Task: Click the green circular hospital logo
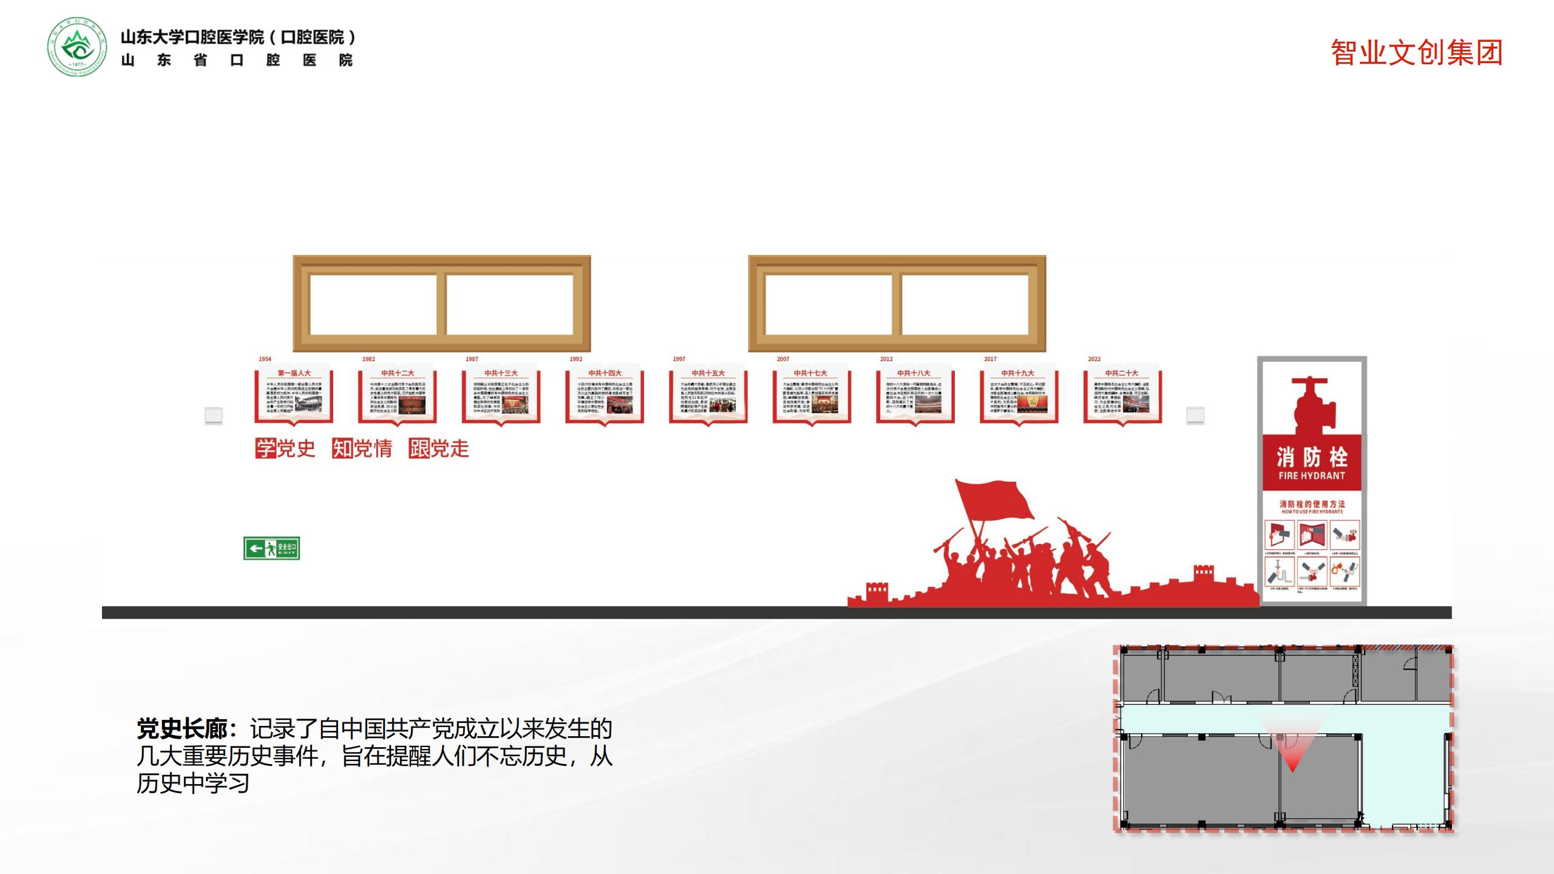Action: pyautogui.click(x=76, y=47)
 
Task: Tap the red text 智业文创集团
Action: pyautogui.click(x=1416, y=53)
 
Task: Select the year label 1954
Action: pyautogui.click(x=265, y=359)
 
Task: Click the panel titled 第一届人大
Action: pyautogui.click(x=294, y=395)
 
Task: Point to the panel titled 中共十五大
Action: pyautogui.click(x=708, y=395)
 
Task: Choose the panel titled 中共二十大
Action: pyautogui.click(x=1122, y=395)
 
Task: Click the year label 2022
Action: pyautogui.click(x=1094, y=359)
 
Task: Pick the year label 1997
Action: pyautogui.click(x=679, y=359)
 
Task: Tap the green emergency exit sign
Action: pyautogui.click(x=271, y=549)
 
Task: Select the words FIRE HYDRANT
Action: pyautogui.click(x=1312, y=476)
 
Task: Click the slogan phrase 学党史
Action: pyautogui.click(x=285, y=449)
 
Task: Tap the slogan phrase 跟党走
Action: pyautogui.click(x=439, y=449)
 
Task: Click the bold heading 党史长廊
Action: pyautogui.click(x=182, y=729)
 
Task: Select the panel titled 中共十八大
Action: pyautogui.click(x=915, y=395)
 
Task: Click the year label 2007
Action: pyautogui.click(x=783, y=359)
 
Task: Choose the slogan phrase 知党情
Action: pyautogui.click(x=362, y=449)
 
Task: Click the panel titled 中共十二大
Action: pyautogui.click(x=398, y=395)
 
